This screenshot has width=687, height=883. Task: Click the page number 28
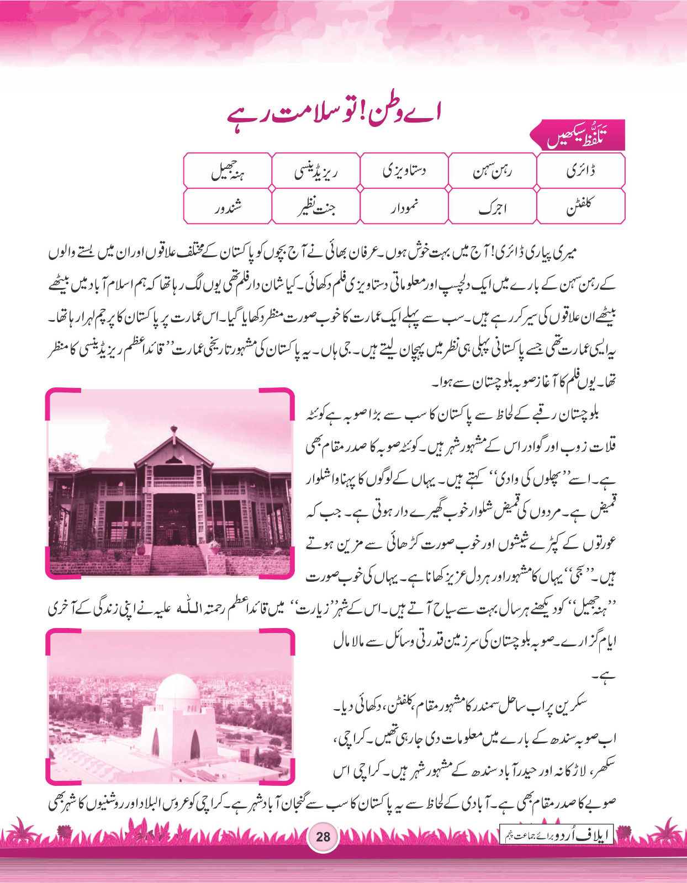(323, 836)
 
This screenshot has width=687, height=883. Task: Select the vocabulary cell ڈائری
(580, 171)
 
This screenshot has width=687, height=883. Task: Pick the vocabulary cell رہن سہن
(492, 171)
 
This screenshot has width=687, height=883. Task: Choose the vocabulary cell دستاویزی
(404, 171)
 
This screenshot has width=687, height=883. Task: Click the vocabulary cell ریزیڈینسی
(315, 171)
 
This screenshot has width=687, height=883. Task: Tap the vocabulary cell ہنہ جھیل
(228, 172)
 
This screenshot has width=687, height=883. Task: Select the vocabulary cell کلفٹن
(580, 206)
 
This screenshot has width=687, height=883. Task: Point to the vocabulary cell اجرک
(492, 207)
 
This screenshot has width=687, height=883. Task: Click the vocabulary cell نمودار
(404, 206)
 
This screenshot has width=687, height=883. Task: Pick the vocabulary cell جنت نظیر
(315, 206)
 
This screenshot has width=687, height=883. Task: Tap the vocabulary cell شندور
(228, 206)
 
